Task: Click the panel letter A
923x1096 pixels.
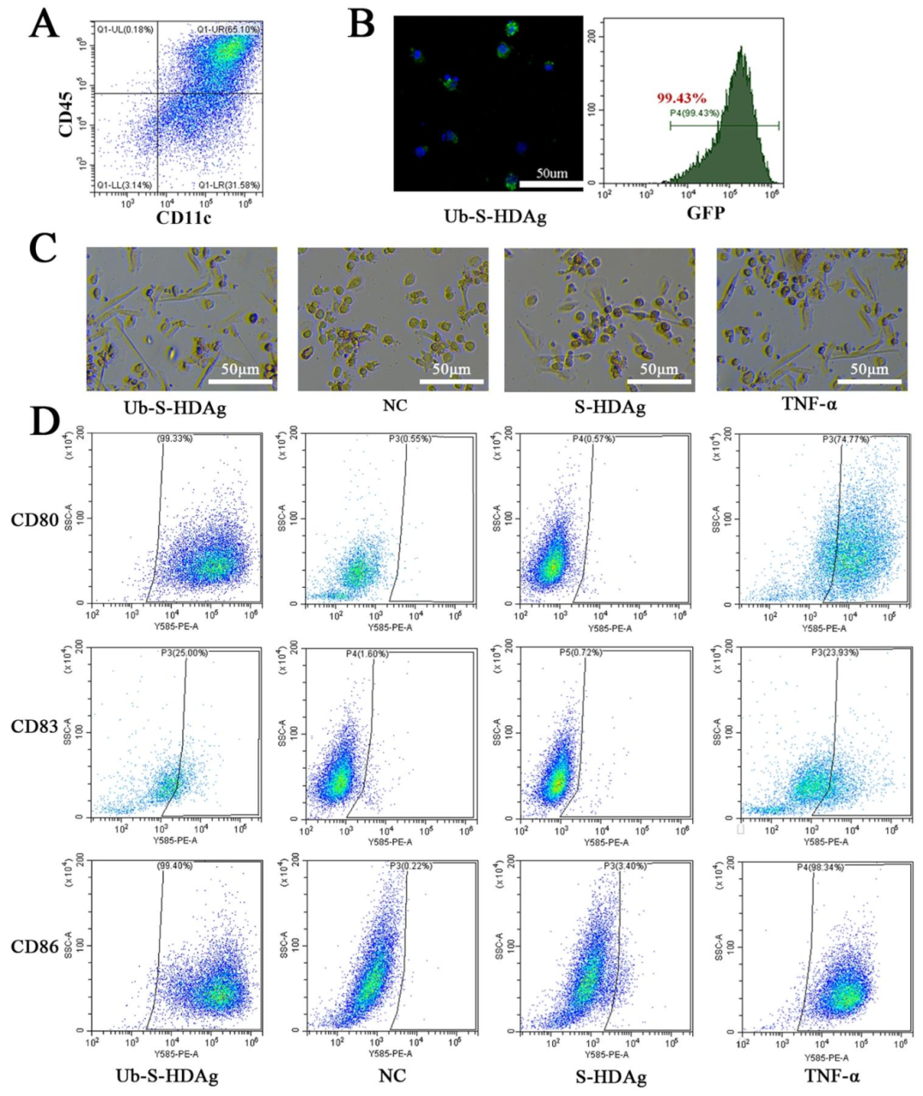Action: (x=44, y=24)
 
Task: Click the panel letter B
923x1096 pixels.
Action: (x=361, y=24)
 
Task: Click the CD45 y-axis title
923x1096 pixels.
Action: (x=65, y=115)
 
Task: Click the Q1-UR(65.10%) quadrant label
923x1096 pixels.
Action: (x=228, y=30)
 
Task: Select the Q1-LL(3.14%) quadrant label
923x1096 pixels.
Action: (x=125, y=185)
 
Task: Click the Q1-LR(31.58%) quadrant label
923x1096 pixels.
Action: (x=228, y=185)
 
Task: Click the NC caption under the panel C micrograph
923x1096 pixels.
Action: (x=394, y=405)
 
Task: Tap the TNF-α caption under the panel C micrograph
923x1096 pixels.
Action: (x=811, y=406)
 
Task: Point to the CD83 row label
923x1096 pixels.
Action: (x=35, y=727)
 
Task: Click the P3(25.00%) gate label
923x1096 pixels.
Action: (x=184, y=653)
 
